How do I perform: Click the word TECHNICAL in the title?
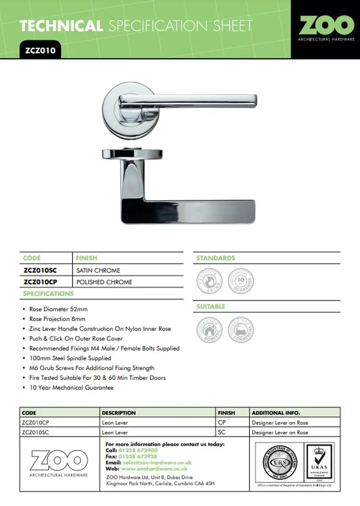pos(61,26)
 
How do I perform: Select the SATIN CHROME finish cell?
pos(98,270)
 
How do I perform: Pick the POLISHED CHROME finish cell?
pos(104,282)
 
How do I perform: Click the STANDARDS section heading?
pos(215,258)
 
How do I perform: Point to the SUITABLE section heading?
pos(211,307)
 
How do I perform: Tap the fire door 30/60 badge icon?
pos(209,280)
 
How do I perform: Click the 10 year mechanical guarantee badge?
pos(240,280)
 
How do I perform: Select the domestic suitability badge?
pos(209,329)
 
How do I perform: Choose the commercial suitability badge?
pos(240,329)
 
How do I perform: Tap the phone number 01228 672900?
pos(138,450)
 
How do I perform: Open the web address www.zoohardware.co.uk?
pos(154,469)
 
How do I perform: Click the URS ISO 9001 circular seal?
pos(280,461)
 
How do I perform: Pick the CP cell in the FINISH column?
pos(222,423)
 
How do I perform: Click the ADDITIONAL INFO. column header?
pos(276,413)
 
